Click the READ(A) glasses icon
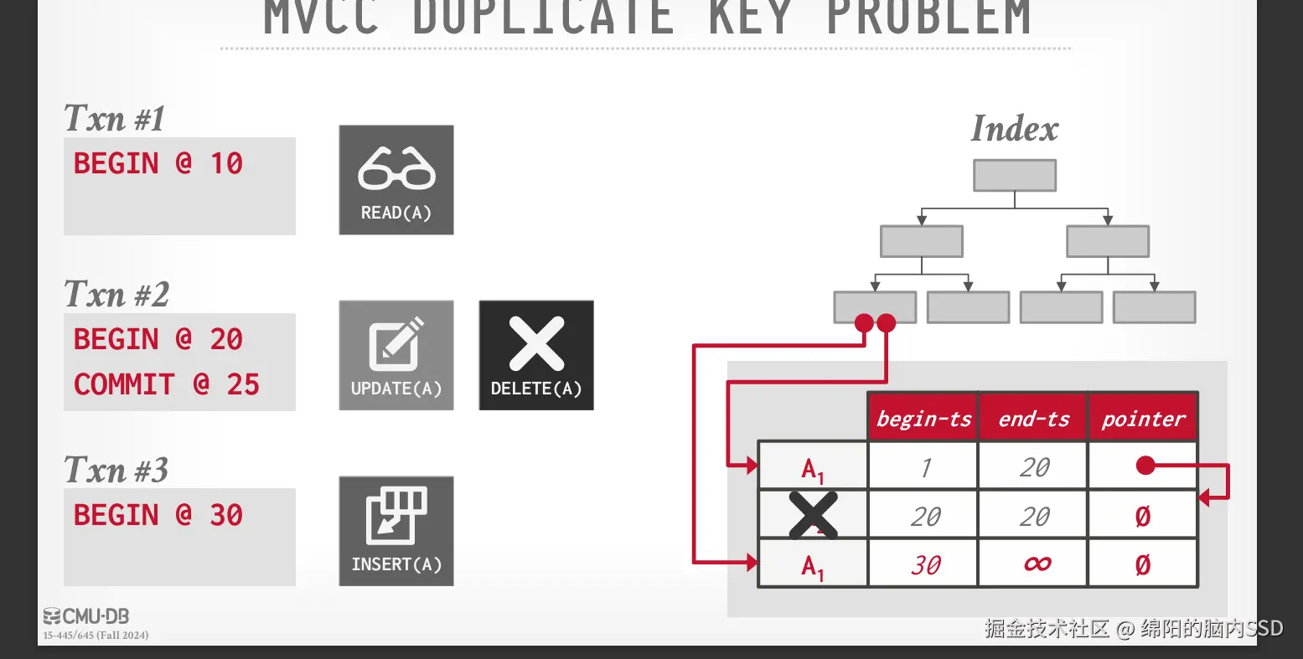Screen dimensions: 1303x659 tap(396, 169)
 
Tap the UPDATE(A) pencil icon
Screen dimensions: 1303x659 tap(396, 345)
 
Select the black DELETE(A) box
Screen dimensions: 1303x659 tap(536, 355)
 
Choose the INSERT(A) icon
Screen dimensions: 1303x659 tap(396, 519)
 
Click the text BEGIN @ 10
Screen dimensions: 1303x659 tap(158, 163)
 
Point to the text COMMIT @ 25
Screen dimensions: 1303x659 tap(167, 384)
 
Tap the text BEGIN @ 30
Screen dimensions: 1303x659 tap(158, 515)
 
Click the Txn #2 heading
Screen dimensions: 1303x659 tap(116, 295)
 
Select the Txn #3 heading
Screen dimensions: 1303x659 tap(116, 471)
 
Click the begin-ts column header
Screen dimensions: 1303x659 tap(923, 418)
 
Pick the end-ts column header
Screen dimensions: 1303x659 tap(1033, 418)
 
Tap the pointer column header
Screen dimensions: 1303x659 tap(1143, 418)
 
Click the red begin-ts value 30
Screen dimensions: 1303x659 tap(925, 565)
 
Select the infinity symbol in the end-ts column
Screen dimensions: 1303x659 tap(1037, 564)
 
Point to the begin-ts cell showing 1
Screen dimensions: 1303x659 tap(925, 467)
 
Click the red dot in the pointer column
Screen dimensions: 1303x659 tap(1145, 466)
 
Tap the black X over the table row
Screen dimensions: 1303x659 tap(813, 515)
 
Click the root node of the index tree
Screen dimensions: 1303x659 tap(1014, 176)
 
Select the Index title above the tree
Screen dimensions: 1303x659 tap(1014, 129)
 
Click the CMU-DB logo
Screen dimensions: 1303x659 tap(86, 617)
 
